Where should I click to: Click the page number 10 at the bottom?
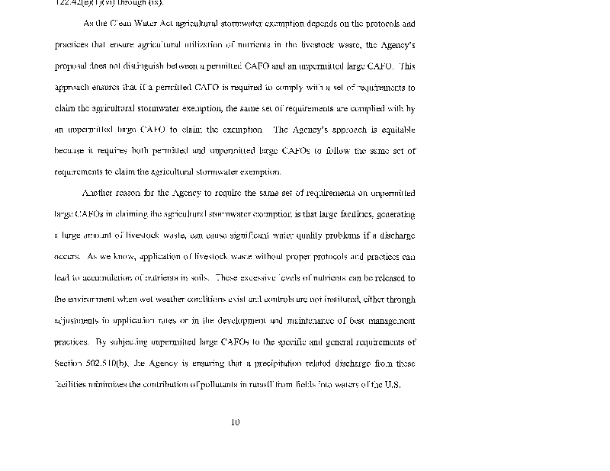click(x=235, y=422)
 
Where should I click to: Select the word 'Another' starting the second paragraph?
click(x=98, y=193)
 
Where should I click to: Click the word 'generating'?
click(x=393, y=214)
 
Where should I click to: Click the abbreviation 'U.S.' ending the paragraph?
click(x=390, y=385)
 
